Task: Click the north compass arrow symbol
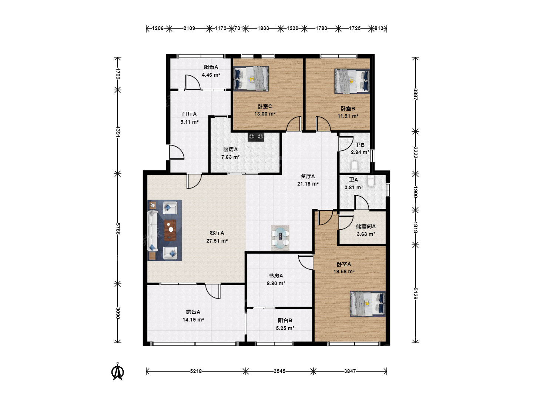118,371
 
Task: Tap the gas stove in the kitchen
256,137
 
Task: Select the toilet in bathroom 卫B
355,166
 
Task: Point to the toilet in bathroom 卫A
371,181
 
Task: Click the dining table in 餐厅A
280,238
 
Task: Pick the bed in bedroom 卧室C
251,79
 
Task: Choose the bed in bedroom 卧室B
352,81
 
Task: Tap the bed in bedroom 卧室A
368,304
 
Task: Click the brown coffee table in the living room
170,230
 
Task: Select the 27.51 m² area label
217,241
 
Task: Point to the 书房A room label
276,276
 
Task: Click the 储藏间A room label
366,226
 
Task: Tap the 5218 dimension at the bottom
196,371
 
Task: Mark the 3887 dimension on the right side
415,94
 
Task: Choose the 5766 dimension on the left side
118,229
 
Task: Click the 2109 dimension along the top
189,29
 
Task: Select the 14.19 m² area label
193,320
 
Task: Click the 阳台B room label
285,320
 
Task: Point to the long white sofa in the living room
153,231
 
